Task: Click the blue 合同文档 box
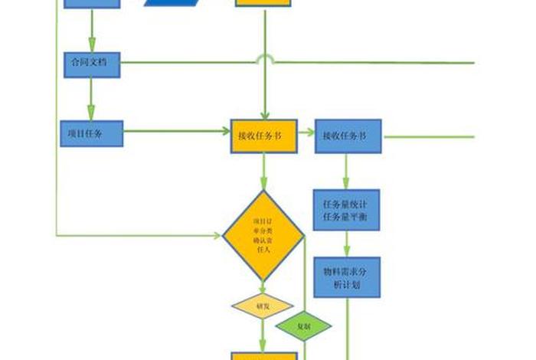pos(91,64)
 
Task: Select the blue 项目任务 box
pos(91,134)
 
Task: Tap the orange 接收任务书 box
pos(263,136)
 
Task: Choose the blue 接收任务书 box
pos(348,136)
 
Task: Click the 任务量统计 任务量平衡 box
pos(347,210)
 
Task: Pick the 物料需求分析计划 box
pos(347,277)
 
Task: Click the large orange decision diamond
pos(263,235)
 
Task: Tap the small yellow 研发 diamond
pos(263,306)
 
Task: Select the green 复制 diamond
pos(304,326)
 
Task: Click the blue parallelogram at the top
pos(175,2)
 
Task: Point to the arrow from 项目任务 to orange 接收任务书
pos(176,131)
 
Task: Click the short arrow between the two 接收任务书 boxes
pos(305,132)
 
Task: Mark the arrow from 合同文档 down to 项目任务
pos(91,98)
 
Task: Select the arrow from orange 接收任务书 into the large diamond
pos(263,170)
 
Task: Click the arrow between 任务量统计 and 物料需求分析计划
pos(347,244)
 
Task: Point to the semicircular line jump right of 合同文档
pos(264,60)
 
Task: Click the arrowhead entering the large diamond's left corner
pos(215,234)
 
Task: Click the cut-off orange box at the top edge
pos(263,3)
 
